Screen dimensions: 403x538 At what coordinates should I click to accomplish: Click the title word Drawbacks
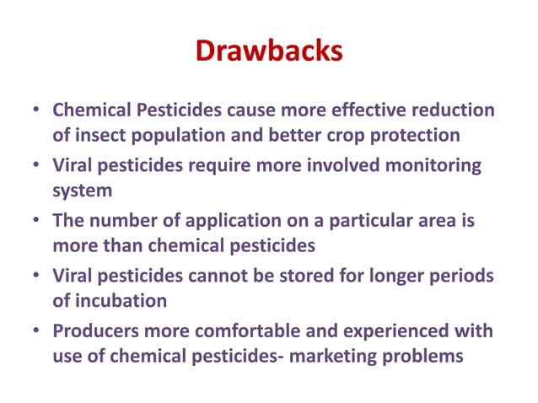(x=269, y=52)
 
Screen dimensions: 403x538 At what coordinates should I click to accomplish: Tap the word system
(x=81, y=191)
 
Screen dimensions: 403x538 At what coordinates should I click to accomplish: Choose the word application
(x=219, y=222)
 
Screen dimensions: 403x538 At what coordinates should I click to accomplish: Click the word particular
(x=363, y=222)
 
